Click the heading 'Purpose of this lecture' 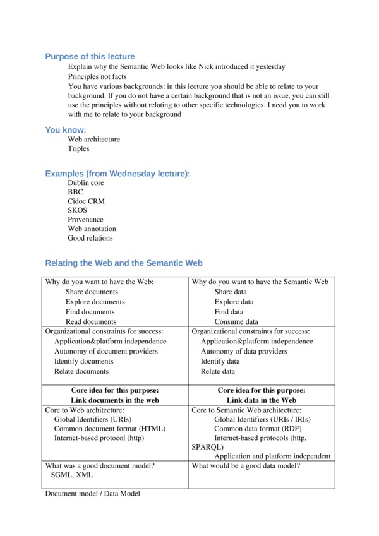coord(90,56)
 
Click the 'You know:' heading coord(66,129)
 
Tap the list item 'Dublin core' coord(86,182)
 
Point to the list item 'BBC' coord(76,192)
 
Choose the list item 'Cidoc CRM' coord(87,201)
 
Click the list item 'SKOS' coord(78,210)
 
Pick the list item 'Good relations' coord(90,238)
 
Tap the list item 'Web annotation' coord(92,229)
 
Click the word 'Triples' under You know coord(79,148)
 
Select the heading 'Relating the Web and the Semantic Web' coord(124,263)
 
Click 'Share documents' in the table coord(92,292)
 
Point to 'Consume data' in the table coord(236,321)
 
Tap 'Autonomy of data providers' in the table coord(244,351)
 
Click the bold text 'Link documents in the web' coord(115,400)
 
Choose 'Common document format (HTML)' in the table coord(110,428)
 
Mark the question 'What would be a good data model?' coord(246,466)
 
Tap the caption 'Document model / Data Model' coord(92,493)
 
